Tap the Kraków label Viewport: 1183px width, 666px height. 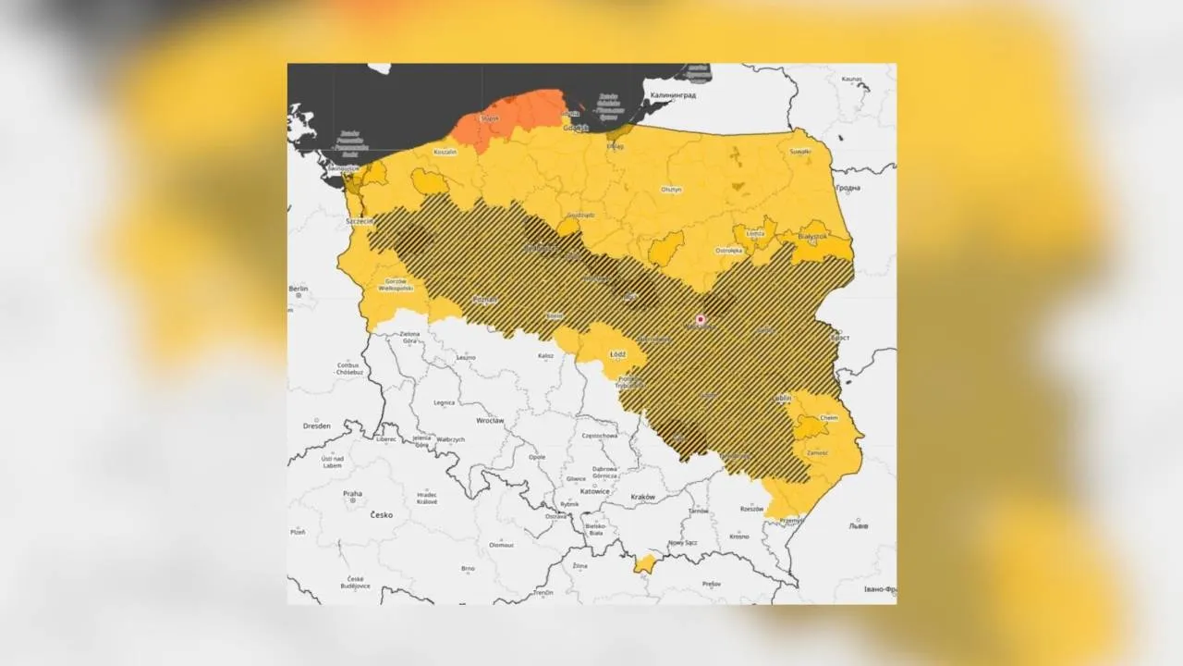point(642,497)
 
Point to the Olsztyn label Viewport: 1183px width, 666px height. point(671,190)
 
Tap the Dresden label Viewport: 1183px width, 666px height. point(317,426)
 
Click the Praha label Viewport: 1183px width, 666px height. point(352,494)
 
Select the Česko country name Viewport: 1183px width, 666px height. point(381,514)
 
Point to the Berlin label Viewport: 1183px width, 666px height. point(298,290)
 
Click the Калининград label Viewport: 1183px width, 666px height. point(673,95)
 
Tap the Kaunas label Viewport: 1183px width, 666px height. point(851,80)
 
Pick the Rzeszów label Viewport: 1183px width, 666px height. point(751,509)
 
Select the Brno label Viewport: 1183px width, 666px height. point(469,568)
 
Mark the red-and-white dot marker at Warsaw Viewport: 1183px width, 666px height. point(700,319)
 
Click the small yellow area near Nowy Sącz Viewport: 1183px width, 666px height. point(645,562)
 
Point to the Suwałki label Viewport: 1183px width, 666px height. point(799,150)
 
